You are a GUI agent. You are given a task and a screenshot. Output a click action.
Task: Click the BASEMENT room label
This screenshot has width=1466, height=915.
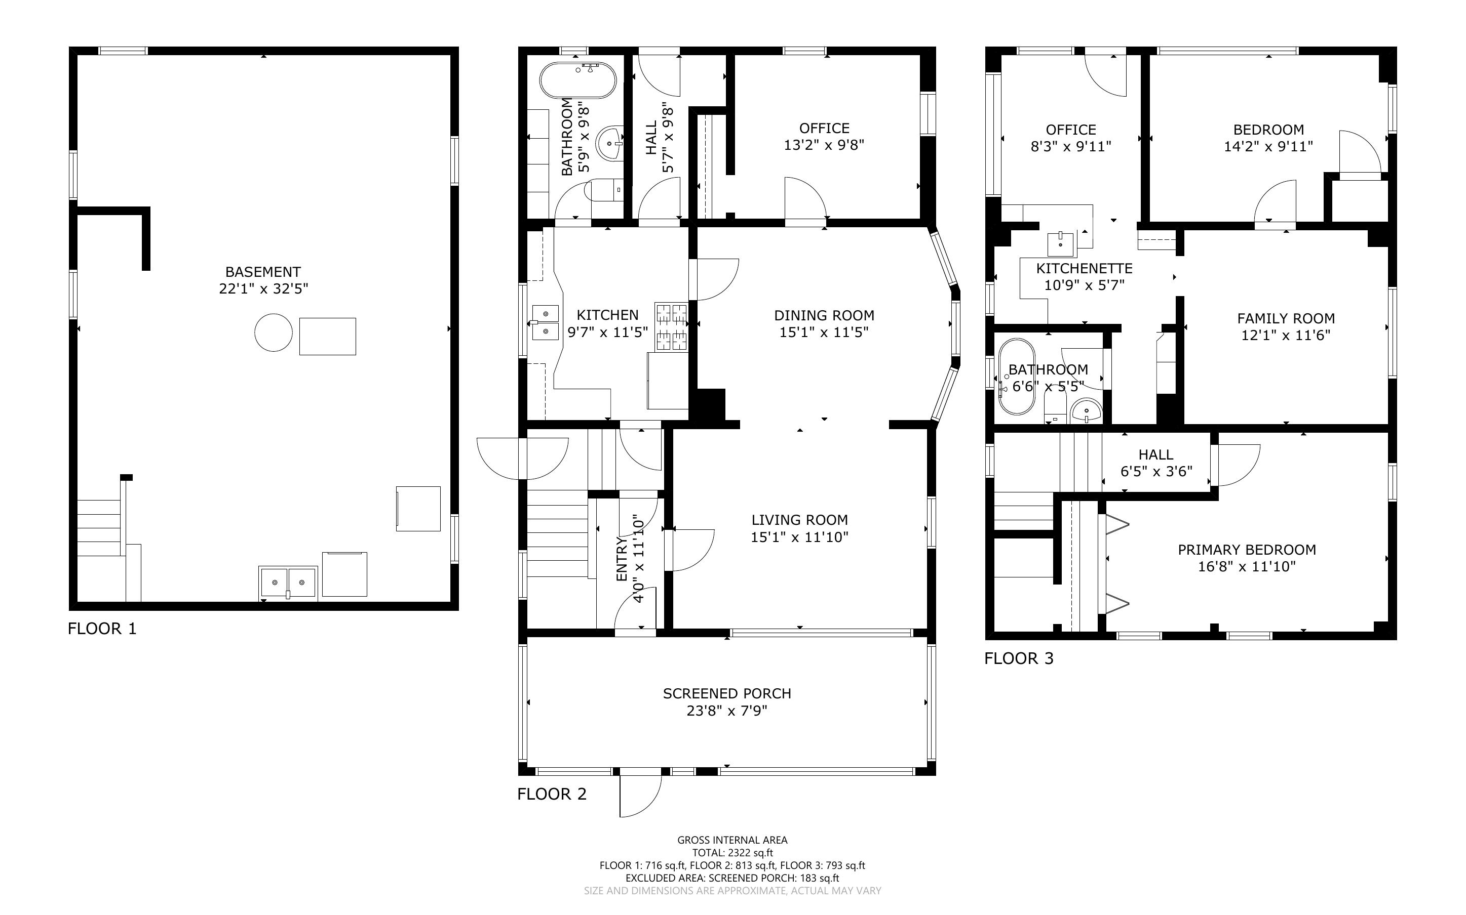[263, 272]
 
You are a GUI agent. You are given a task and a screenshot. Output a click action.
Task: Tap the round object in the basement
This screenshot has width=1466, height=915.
[274, 332]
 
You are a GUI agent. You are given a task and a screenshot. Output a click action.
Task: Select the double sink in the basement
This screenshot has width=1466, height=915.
[288, 583]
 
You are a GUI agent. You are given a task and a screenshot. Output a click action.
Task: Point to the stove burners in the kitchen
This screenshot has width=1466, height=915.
[672, 327]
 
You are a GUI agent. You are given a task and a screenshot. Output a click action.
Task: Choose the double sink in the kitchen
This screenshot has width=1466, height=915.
[546, 322]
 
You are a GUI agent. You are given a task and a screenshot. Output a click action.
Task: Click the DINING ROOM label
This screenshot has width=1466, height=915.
[824, 315]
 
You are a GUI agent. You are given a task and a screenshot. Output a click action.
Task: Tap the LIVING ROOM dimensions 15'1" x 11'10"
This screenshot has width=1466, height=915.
[799, 537]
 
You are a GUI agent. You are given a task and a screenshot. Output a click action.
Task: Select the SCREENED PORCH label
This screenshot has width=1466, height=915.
[726, 693]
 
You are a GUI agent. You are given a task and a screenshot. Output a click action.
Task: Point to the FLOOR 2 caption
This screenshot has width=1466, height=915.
[552, 794]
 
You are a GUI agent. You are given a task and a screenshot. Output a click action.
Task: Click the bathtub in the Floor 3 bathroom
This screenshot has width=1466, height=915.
[1017, 377]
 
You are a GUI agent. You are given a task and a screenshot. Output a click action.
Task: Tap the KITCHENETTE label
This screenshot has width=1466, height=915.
[1084, 268]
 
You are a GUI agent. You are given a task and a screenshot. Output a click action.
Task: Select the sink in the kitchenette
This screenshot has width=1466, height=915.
[1060, 244]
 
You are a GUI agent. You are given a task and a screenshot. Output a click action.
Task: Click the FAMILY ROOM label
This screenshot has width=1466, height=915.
[1286, 318]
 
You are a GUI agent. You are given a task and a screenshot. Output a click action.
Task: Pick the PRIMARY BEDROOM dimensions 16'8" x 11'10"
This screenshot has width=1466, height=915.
[1247, 566]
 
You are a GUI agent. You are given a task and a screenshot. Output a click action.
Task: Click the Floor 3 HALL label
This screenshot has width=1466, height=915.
[1155, 454]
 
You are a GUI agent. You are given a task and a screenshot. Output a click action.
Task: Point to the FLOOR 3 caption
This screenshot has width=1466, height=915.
[1019, 658]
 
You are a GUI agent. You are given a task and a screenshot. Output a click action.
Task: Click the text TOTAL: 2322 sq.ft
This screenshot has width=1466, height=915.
[732, 853]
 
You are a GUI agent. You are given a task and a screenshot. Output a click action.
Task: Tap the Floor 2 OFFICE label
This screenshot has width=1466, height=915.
[824, 129]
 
